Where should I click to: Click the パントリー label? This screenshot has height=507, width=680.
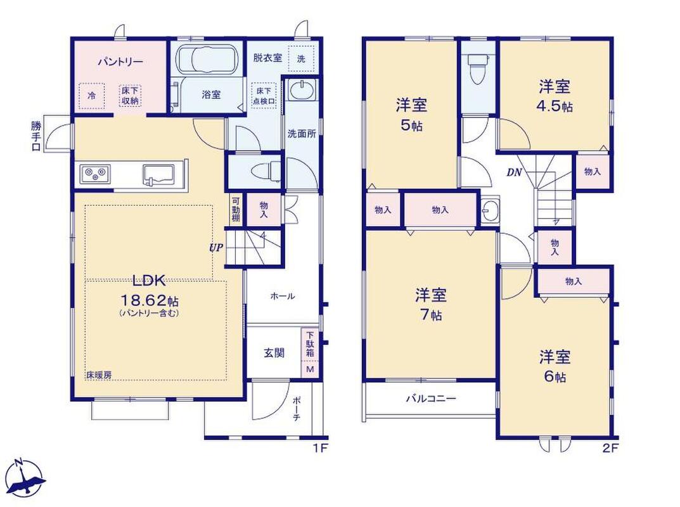pos(120,62)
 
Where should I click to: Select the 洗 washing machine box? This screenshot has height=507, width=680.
pos(301,58)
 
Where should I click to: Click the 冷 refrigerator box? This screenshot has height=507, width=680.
pos(92,96)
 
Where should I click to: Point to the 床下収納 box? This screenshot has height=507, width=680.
pos(130,96)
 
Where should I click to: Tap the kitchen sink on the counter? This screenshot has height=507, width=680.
pos(158,174)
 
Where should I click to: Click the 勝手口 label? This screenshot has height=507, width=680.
pos(36,136)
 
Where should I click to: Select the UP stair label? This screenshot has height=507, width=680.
pos(216,248)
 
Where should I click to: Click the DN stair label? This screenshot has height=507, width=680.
pos(515,172)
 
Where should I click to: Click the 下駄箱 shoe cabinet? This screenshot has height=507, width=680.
pos(311,344)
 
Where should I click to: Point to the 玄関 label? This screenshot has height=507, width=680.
pos(274,353)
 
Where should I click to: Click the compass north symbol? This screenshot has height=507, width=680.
pos(27,478)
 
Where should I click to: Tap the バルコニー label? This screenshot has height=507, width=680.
pos(431,398)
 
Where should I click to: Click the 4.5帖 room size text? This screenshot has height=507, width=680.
pos(555,106)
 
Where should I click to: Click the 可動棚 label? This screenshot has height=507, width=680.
pos(236,210)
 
